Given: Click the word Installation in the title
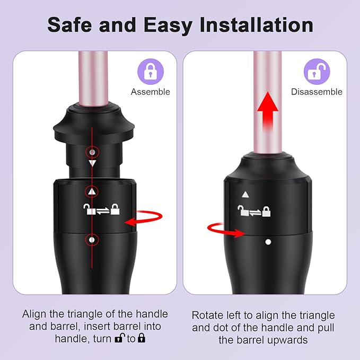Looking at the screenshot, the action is pos(257,25).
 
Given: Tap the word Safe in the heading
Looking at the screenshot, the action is pos(69,25).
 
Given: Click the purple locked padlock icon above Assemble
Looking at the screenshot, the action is pos(151,72).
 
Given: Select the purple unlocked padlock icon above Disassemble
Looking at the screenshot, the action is pos(317,72).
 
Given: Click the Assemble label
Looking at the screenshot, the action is pos(151,92).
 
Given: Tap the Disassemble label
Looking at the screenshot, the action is pos(317,92).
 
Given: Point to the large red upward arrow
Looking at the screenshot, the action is pos(268,111).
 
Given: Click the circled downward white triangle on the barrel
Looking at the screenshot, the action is pos(92,163).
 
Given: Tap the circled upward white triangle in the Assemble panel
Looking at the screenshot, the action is pos(92,191).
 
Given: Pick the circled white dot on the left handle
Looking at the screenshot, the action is pos(92,240).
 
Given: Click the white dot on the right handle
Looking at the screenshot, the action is pos(268,242).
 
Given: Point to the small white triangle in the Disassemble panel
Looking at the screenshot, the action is pos(245,195).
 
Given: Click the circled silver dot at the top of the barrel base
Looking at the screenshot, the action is pos(92,152).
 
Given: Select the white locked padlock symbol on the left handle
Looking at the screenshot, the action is pos(115,209).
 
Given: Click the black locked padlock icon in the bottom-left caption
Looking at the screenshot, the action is pos(142,338).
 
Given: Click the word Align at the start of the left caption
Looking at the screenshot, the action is pos(34,314).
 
